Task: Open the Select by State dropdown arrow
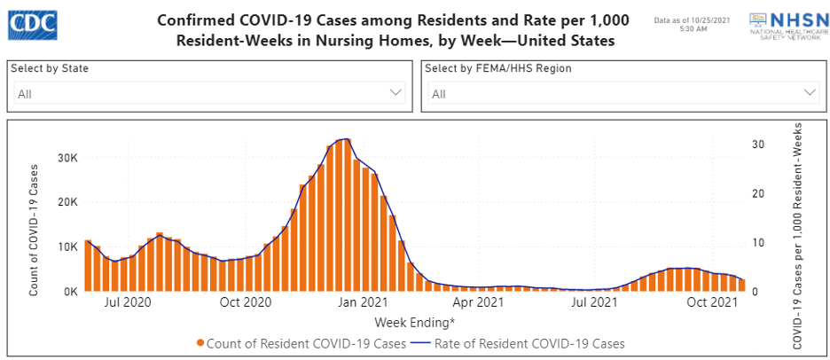pos(395,92)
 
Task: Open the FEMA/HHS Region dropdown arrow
pos(810,92)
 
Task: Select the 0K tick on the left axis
pos(69,291)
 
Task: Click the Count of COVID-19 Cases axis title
pos(35,229)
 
